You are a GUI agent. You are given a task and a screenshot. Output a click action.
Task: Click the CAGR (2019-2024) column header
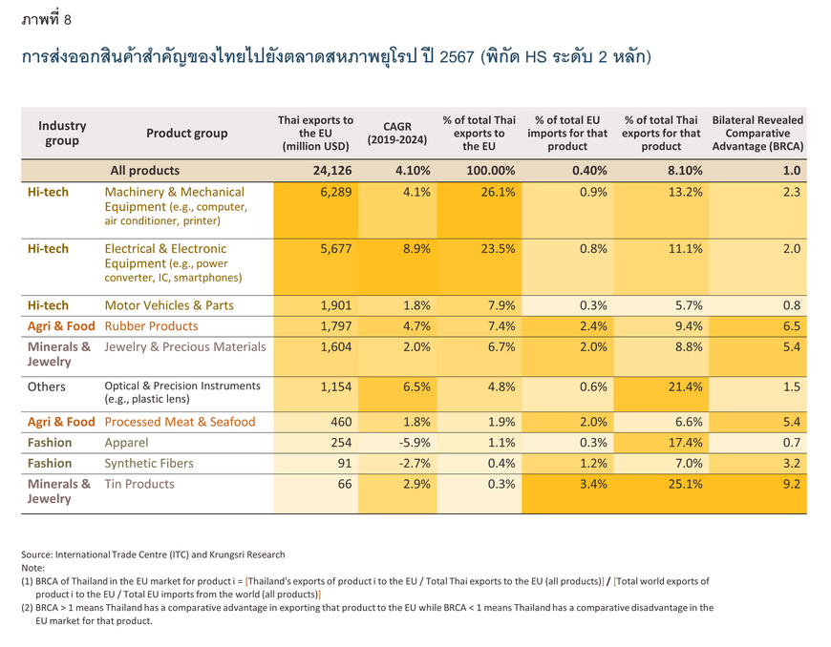coord(397,133)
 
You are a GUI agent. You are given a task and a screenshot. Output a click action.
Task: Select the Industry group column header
coord(62,133)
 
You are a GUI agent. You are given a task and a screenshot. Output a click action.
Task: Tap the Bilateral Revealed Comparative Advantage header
coord(757,133)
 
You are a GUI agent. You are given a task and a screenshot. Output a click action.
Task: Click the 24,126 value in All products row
coord(332,171)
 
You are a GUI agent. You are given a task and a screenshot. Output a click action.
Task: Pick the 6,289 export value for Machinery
coord(336,192)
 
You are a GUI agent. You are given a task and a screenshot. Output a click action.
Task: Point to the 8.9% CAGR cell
coord(416,248)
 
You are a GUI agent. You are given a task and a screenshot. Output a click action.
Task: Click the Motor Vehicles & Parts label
coord(169,305)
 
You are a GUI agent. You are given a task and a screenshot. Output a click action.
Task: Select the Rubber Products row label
coord(151,326)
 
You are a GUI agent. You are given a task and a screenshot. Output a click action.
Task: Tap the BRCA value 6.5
coord(792,326)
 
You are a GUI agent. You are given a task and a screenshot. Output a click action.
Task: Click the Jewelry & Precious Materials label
coord(185,346)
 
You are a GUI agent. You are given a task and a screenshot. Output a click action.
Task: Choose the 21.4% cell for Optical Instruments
coord(685,386)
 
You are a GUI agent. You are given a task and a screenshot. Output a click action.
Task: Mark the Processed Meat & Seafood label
coord(180,422)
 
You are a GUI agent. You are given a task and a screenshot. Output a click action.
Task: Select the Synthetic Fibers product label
coord(149,463)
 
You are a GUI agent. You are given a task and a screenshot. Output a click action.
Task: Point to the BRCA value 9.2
coord(792,484)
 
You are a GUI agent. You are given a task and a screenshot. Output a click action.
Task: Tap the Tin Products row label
coord(139,484)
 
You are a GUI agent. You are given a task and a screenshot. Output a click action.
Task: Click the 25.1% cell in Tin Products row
coord(685,484)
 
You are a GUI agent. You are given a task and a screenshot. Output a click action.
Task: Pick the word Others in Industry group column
coord(47,386)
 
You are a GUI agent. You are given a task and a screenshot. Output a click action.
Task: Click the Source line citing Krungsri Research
coord(153,554)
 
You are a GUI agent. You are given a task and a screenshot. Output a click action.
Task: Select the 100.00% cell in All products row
coord(491,171)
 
